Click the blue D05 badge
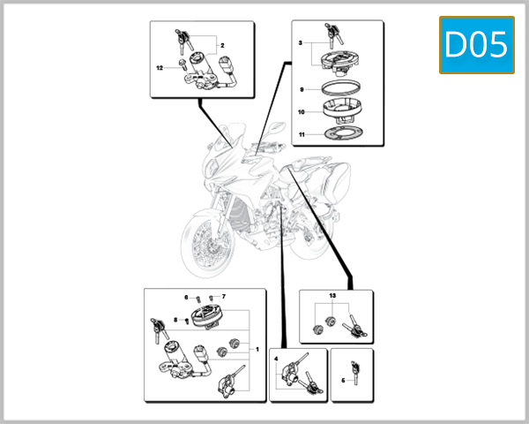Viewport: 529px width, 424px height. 477,45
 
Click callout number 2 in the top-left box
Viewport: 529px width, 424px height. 222,44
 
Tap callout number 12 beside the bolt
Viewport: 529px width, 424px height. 160,67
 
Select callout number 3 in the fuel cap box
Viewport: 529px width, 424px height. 301,42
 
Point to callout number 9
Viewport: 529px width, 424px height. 302,90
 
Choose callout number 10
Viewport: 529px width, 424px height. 302,112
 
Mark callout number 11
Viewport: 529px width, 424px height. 302,135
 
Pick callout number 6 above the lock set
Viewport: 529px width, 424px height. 186,297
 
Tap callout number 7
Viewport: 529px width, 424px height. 224,297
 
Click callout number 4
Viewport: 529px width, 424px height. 276,360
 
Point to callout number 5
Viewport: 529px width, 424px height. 343,381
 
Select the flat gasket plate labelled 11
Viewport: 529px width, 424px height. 340,136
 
